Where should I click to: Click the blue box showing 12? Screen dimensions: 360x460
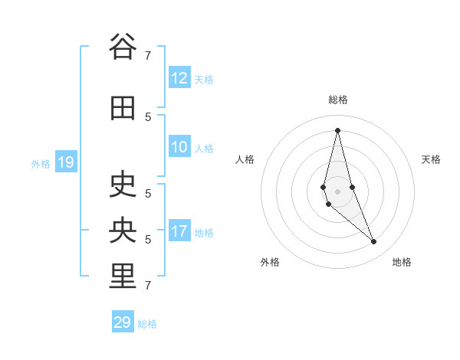pyautogui.click(x=179, y=78)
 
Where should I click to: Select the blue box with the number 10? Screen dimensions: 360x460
pyautogui.click(x=179, y=147)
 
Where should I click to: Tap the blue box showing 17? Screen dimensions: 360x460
pyautogui.click(x=179, y=231)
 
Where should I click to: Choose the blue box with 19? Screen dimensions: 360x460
pyautogui.click(x=65, y=162)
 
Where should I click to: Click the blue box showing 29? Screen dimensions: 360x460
pyautogui.click(x=123, y=322)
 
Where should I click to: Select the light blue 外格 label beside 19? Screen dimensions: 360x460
pyautogui.click(x=41, y=163)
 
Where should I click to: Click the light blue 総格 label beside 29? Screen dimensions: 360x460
pyautogui.click(x=147, y=324)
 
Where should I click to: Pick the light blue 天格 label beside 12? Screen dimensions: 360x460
pyautogui.click(x=204, y=79)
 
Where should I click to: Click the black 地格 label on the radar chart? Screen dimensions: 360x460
pyautogui.click(x=402, y=262)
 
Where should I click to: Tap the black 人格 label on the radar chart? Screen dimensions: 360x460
pyautogui.click(x=245, y=159)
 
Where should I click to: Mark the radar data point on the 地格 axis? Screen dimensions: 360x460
pyautogui.click(x=374, y=241)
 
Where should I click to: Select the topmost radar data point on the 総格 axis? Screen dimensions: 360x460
pyautogui.click(x=337, y=130)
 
